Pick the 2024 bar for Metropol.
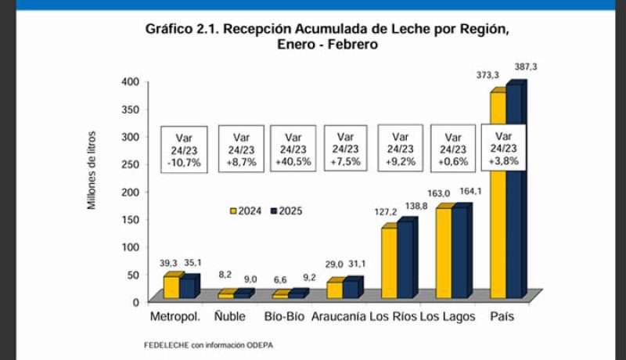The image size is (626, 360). tap(170, 287)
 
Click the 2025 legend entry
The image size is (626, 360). tap(286, 211)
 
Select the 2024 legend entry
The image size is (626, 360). tap(245, 211)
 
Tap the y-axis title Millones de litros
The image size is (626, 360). tap(91, 170)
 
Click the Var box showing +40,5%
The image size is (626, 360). tap(293, 149)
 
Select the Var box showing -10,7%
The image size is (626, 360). tap(184, 149)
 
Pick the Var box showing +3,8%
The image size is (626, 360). tap(504, 148)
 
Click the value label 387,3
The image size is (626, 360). tap(525, 67)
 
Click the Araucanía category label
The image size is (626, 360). tap(338, 318)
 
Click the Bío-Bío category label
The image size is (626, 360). tap(286, 318)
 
